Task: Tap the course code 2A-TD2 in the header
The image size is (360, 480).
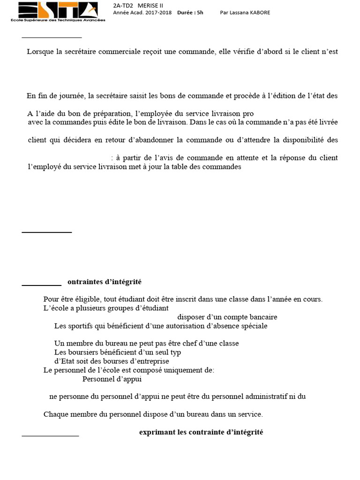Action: click(x=123, y=5)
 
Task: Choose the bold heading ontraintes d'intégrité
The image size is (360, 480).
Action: click(x=105, y=282)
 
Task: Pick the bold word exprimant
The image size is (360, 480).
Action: click(x=157, y=432)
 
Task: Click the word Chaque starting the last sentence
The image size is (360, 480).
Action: click(x=55, y=414)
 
